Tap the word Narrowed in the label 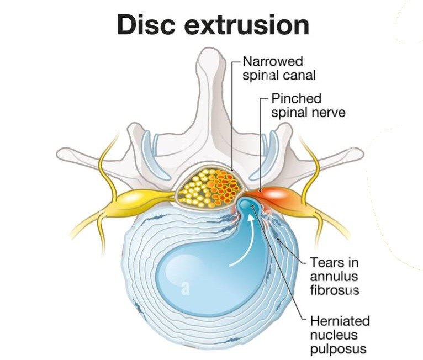pyautogui.click(x=273, y=60)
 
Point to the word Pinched pyautogui.click(x=296, y=99)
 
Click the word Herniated pyautogui.click(x=340, y=321)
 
